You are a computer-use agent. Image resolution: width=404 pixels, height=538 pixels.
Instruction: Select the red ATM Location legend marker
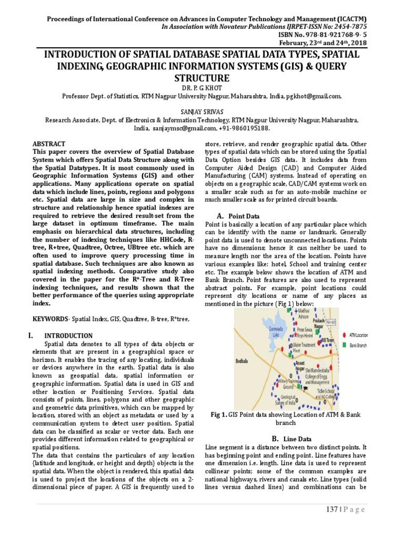tap(345, 335)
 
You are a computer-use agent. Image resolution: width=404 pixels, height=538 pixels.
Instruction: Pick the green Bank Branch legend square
tap(345, 345)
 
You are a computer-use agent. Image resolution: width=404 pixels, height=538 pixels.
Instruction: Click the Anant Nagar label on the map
tap(300, 366)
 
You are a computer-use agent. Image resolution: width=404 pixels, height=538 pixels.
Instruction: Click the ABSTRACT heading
tap(49, 144)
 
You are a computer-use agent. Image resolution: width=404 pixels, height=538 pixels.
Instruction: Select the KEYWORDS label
tap(47, 319)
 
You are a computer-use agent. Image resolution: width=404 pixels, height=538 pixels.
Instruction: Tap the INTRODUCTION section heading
tap(68, 336)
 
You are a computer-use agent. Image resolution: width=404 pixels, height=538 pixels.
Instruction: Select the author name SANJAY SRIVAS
tap(202, 111)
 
